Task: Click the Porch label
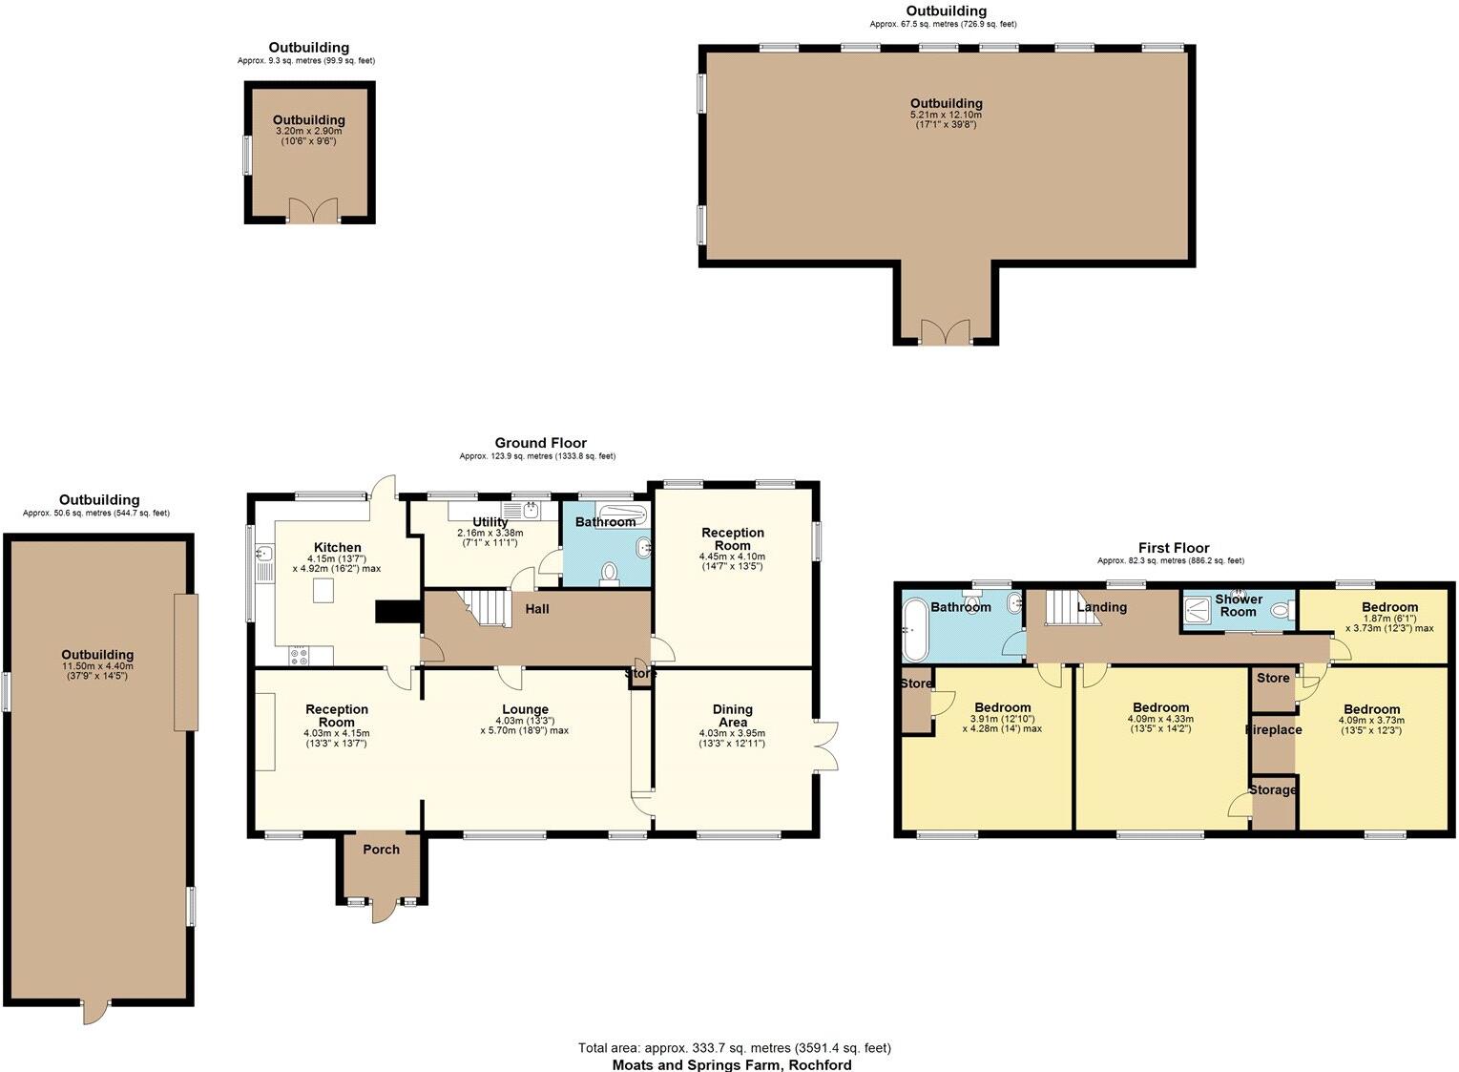381,850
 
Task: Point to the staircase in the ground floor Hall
488,607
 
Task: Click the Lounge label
525,709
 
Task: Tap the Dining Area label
732,715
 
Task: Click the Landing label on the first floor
1101,607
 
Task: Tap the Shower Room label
1238,605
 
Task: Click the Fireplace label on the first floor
1273,729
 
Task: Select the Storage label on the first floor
1272,790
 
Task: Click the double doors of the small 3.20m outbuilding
313,211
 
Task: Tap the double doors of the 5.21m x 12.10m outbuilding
946,332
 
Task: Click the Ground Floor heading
540,443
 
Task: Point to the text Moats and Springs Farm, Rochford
732,1064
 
